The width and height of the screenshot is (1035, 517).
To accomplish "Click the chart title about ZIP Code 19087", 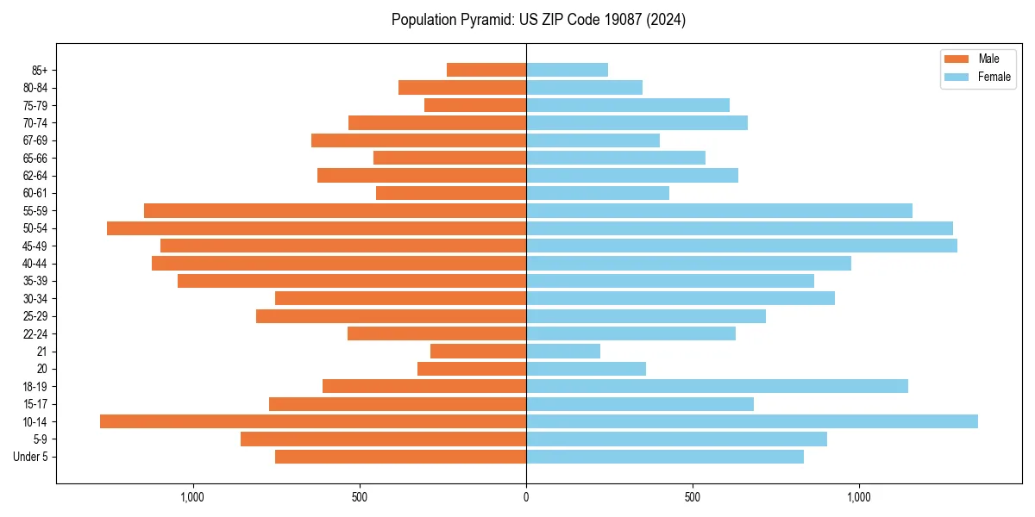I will tap(538, 20).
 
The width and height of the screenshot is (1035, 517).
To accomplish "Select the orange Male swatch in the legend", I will tap(957, 59).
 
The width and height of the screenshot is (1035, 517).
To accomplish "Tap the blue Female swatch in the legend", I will tap(957, 77).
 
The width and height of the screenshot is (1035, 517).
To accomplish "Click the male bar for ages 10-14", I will tap(313, 421).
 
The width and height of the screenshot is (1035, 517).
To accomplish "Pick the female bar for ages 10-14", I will tap(752, 421).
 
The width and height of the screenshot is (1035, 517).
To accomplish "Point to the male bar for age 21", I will tap(478, 352).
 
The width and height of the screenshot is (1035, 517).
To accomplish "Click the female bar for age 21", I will tap(563, 352).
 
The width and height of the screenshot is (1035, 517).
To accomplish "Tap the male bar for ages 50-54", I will tap(317, 228).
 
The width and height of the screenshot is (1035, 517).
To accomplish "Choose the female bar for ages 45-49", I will tap(742, 246).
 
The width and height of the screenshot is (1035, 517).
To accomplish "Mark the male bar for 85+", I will tap(486, 70).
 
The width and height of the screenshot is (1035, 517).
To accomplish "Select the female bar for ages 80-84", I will tap(584, 87).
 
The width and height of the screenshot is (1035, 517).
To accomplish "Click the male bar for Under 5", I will tap(400, 457).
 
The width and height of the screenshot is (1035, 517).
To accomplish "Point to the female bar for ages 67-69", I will tap(593, 140).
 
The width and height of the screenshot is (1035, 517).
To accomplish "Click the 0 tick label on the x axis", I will tap(526, 497).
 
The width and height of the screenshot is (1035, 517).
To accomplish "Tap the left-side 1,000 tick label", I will tap(192, 497).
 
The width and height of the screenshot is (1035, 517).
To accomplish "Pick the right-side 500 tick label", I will tap(692, 497).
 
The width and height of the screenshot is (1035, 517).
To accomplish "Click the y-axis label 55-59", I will tap(35, 210).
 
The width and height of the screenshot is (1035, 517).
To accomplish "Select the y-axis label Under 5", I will tap(31, 457).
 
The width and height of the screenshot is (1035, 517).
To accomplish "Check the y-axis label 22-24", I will tap(35, 333).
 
